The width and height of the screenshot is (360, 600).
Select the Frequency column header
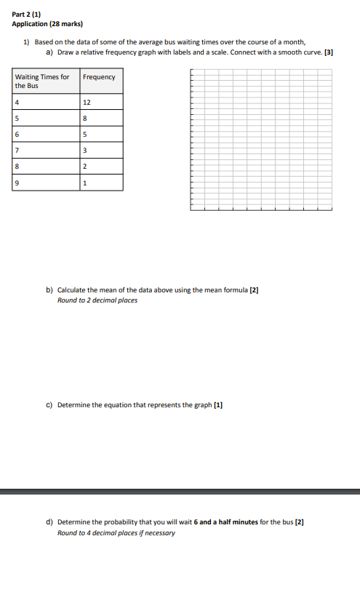pos(99,77)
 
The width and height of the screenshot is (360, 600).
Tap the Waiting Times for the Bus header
pos(42,81)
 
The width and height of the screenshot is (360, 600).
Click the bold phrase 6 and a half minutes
pos(226,522)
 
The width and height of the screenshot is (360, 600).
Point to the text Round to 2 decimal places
pos(97,300)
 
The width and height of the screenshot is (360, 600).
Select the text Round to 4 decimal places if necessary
pos(116,532)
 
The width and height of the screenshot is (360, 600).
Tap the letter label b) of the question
pos(50,289)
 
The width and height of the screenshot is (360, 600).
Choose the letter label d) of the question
pos(50,522)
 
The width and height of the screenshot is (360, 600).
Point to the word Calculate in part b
pos(71,289)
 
